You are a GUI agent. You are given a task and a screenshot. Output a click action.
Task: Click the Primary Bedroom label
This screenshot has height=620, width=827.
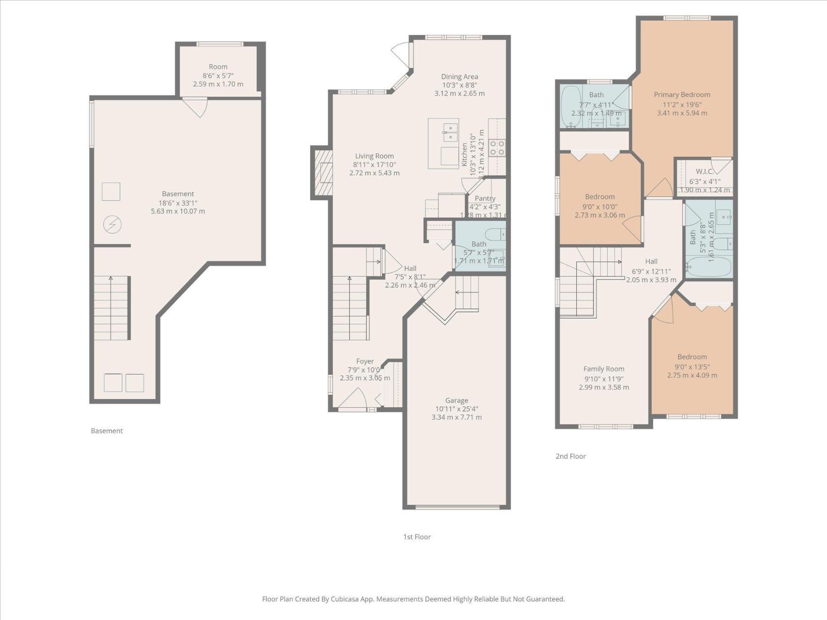[x=682, y=95]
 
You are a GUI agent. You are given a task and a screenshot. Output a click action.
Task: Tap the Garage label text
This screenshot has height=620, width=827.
[x=456, y=400]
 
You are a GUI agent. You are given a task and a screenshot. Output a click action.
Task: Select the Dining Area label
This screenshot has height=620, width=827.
[x=459, y=76]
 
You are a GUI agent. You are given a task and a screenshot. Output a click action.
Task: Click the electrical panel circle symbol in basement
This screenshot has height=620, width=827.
[x=112, y=225]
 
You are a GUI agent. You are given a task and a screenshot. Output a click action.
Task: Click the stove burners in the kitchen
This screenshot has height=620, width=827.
[x=497, y=148]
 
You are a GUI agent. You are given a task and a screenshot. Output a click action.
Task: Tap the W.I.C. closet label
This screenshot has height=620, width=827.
[x=704, y=172]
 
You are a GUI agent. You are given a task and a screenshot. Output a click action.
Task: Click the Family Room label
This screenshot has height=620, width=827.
[x=604, y=369]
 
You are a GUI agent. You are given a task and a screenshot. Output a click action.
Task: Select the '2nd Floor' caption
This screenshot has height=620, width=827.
[x=571, y=456]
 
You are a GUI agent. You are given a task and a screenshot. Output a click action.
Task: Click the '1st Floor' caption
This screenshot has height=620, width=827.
[x=417, y=537]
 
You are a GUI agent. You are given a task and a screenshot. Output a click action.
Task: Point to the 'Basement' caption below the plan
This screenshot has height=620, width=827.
[x=106, y=431]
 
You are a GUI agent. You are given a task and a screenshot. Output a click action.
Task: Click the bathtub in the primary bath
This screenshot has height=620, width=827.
[x=571, y=107]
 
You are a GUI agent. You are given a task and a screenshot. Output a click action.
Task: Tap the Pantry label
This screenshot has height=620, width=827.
[x=485, y=198]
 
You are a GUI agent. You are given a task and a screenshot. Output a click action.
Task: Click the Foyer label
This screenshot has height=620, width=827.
[x=365, y=362]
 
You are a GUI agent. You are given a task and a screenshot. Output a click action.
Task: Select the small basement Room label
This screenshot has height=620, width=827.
[x=218, y=67]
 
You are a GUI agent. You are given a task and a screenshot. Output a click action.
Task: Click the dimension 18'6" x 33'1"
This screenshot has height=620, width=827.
[x=178, y=203]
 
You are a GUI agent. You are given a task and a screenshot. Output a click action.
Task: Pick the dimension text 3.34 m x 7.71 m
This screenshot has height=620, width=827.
[x=456, y=417]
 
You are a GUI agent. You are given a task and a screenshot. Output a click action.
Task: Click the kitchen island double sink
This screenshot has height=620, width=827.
[x=450, y=132]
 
